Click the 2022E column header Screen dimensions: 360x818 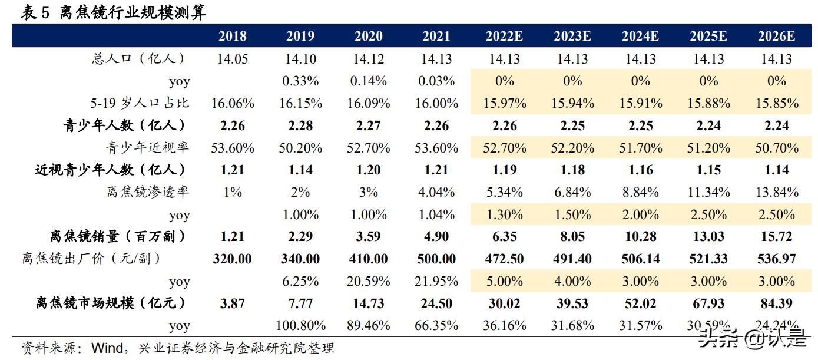click(x=504, y=36)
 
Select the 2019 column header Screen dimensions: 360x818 click(x=300, y=36)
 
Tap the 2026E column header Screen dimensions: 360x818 click(x=777, y=36)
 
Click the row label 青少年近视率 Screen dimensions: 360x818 click(x=148, y=147)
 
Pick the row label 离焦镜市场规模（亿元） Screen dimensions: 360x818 click(x=111, y=303)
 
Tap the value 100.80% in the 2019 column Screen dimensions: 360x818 click(x=300, y=325)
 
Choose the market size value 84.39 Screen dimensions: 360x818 click(x=777, y=303)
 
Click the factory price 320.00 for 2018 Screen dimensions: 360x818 click(x=233, y=259)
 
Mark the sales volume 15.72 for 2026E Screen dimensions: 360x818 click(x=777, y=237)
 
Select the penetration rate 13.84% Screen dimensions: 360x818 click(x=777, y=192)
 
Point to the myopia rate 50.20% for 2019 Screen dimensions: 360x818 click(x=300, y=148)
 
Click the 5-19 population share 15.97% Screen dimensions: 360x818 click(x=504, y=103)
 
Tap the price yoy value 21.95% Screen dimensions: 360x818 click(x=436, y=281)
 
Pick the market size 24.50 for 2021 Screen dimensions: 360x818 click(x=436, y=303)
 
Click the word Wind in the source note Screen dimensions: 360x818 click(x=104, y=348)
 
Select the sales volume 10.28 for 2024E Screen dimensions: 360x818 click(x=641, y=237)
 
